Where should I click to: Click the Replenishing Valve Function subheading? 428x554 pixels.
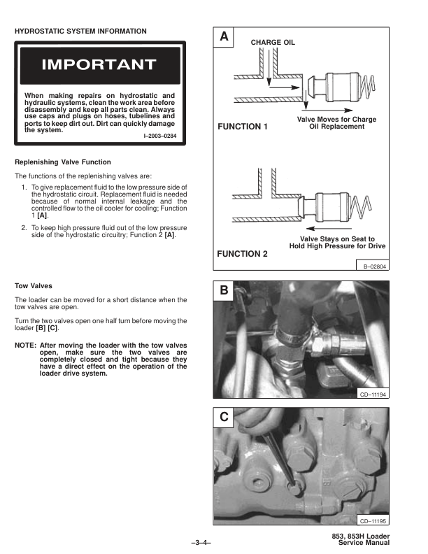63,162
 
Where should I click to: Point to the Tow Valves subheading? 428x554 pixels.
34,285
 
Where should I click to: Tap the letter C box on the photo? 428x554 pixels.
223,418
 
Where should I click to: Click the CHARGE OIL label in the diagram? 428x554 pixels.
273,43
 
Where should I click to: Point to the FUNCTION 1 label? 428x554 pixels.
243,127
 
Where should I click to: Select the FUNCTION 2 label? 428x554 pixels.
243,254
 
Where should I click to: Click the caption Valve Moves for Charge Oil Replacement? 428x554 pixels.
336,123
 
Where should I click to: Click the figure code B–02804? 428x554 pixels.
375,267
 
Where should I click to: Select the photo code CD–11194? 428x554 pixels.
373,395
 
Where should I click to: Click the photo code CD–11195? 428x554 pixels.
373,521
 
